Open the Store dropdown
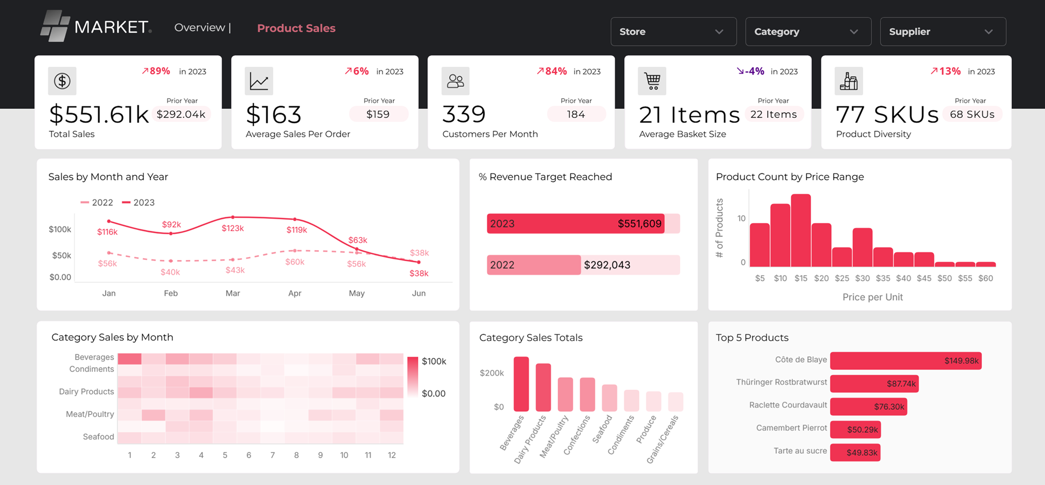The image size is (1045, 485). point(673,32)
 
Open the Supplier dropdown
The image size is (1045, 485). point(943,32)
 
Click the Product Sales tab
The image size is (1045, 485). point(296,28)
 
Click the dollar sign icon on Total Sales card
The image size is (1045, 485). point(62,81)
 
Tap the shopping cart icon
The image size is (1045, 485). point(652,81)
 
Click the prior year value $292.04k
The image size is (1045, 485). point(181,114)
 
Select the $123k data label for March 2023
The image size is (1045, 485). point(232,229)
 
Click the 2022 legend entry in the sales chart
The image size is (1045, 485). point(97,202)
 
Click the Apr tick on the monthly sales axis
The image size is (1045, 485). point(295,293)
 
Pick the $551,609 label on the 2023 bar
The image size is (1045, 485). point(639,224)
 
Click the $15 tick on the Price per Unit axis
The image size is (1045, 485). point(801,278)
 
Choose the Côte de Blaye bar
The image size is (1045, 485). point(905,361)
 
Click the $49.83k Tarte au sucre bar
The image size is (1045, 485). point(855,453)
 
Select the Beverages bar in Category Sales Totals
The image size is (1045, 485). point(521,384)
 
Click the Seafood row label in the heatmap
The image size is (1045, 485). point(98,437)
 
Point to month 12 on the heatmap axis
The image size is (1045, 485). point(391,455)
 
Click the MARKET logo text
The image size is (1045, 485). point(111,27)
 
